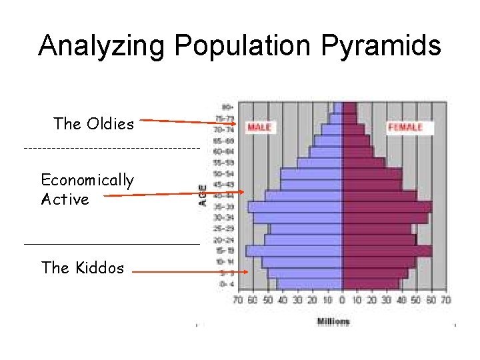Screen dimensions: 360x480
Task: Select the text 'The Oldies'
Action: pos(94,124)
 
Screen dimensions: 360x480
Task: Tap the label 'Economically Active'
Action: pos(87,189)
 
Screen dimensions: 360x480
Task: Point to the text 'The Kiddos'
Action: pos(83,268)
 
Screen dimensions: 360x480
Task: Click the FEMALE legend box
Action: pos(405,127)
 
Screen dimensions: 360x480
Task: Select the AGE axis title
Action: pos(203,195)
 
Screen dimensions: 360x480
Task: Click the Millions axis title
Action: pos(333,322)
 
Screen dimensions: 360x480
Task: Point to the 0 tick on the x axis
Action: pos(342,301)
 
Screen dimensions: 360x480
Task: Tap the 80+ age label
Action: pos(227,107)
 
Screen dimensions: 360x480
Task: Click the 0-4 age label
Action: pos(227,284)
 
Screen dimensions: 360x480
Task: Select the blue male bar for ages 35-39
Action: pos(295,207)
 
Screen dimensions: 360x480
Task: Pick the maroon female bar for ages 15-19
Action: pos(387,251)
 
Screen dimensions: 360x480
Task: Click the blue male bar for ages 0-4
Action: pos(309,284)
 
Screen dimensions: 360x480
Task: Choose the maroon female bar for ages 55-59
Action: pos(363,163)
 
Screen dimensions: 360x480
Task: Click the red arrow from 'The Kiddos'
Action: pos(190,272)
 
